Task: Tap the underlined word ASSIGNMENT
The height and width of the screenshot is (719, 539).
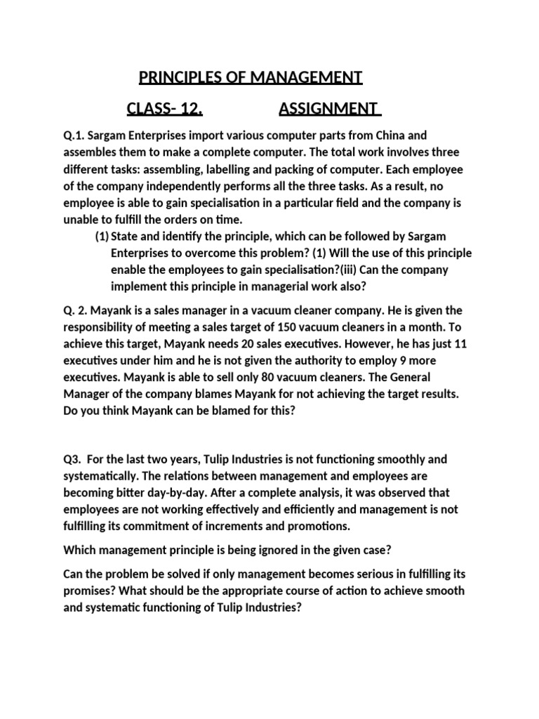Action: [x=326, y=109]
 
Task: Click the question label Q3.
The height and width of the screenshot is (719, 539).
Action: [x=73, y=459]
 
